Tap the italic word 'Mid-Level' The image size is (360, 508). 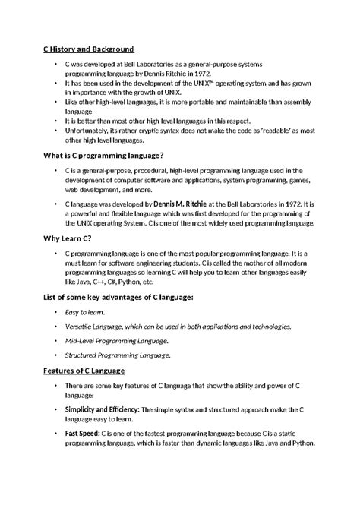coord(81,340)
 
